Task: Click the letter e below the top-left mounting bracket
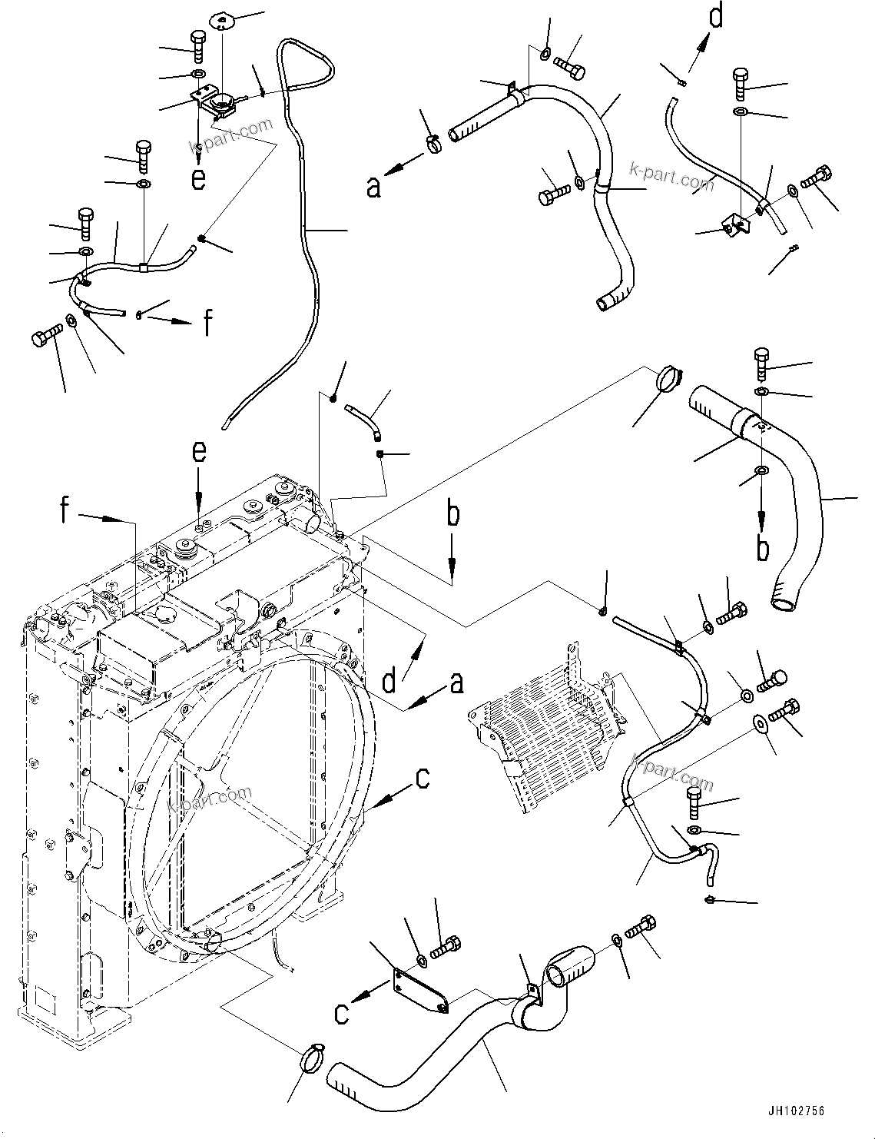[199, 178]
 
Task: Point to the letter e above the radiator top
[199, 452]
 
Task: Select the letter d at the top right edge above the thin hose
[715, 16]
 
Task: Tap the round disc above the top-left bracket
[223, 19]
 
